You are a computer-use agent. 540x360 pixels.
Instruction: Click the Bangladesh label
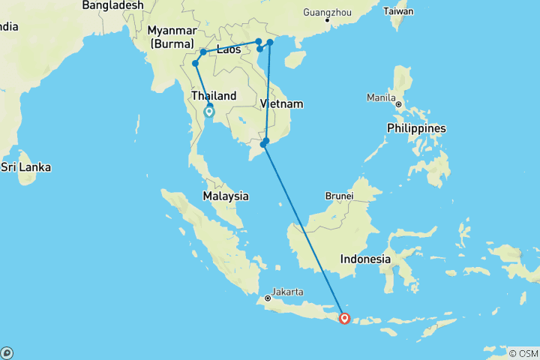click(x=112, y=5)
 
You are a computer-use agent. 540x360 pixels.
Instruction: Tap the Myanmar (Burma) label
click(x=172, y=37)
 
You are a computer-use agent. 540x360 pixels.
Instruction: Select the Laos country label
click(x=228, y=50)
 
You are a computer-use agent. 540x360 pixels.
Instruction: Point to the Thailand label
click(x=214, y=96)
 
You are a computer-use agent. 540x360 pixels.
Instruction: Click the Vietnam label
click(x=281, y=103)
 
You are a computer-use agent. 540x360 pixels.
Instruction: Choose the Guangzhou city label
click(x=326, y=12)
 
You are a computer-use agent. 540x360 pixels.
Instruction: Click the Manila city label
click(x=380, y=97)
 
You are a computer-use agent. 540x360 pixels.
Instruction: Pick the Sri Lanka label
click(x=25, y=166)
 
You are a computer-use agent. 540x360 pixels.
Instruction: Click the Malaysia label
click(x=226, y=196)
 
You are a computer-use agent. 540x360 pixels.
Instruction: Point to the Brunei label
click(x=339, y=196)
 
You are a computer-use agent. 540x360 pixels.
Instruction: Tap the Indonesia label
click(x=365, y=259)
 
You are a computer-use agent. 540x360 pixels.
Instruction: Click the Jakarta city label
click(x=288, y=291)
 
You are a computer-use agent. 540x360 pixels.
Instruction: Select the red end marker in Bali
click(x=344, y=318)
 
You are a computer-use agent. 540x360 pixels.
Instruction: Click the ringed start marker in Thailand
click(x=209, y=112)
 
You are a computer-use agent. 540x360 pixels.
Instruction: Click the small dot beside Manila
click(x=399, y=104)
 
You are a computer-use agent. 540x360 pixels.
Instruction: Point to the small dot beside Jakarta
click(x=268, y=298)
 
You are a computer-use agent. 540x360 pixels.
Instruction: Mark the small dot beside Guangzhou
click(x=326, y=20)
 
